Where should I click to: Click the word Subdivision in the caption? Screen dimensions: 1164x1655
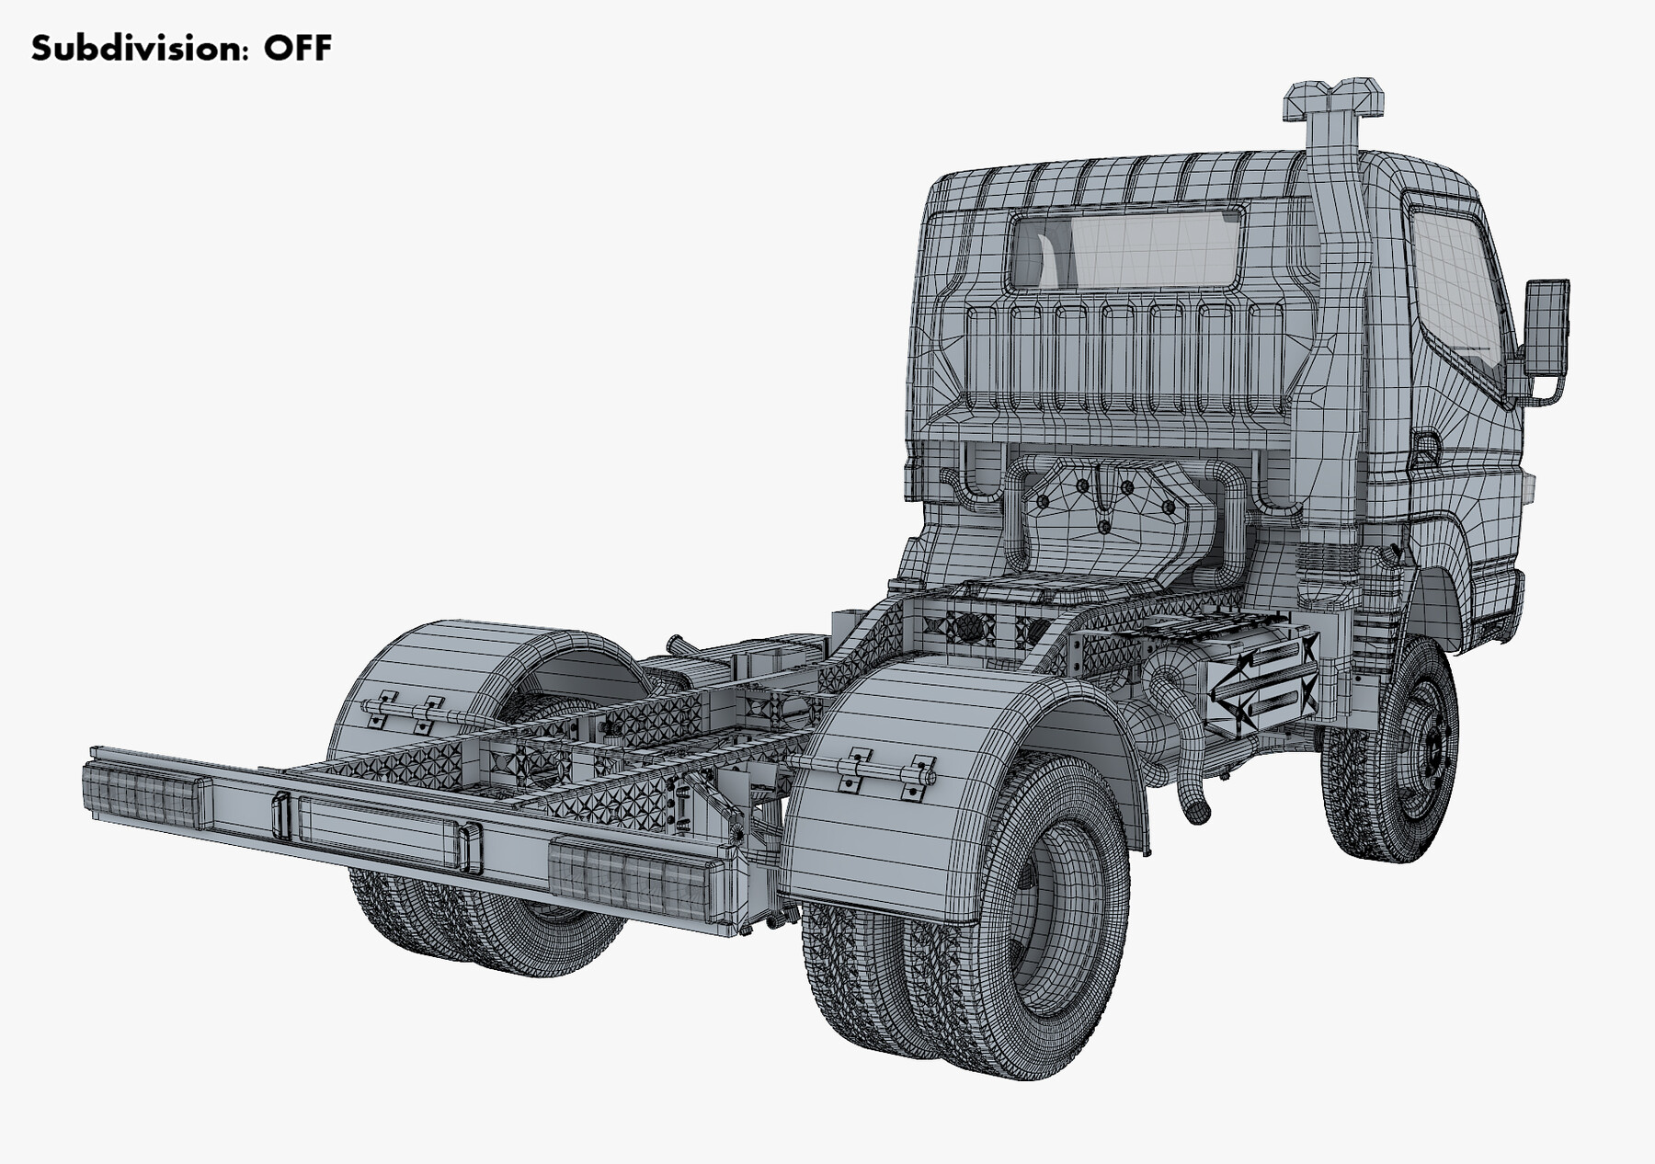point(138,48)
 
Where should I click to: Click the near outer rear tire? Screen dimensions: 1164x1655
point(1030,919)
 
